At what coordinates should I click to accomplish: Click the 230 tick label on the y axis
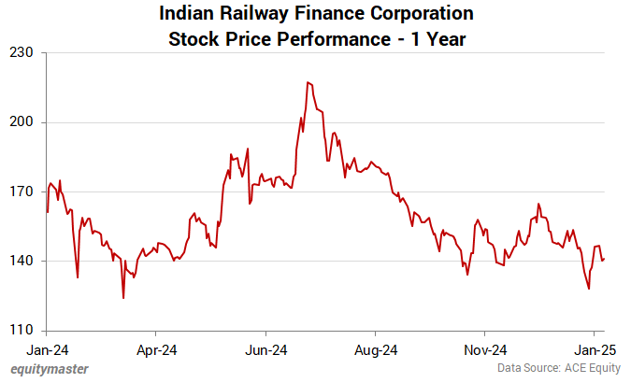pos(22,53)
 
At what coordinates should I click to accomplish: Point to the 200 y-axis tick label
pos(22,122)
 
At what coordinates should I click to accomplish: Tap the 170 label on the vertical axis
pos(22,191)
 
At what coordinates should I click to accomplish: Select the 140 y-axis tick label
pos(22,261)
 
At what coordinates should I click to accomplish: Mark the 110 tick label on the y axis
pos(22,330)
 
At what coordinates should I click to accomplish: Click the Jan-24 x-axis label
pos(47,350)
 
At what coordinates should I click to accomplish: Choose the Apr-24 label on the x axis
pos(156,350)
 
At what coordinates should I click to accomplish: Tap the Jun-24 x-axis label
pos(265,350)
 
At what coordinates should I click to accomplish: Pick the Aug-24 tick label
pos(375,350)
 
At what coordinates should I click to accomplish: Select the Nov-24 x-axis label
pos(485,350)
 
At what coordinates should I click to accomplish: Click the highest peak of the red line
pos(307,82)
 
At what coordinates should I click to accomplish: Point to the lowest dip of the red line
pos(123,298)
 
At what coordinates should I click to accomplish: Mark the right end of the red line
pos(604,259)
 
